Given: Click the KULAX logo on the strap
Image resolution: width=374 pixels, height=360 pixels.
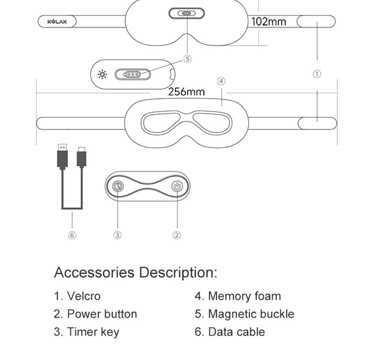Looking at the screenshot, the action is (57, 21).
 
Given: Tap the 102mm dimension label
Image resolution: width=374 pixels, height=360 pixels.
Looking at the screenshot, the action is (268, 21).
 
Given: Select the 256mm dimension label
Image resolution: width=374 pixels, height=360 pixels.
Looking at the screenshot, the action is (186, 92).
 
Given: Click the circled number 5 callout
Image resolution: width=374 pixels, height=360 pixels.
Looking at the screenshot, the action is (187, 59).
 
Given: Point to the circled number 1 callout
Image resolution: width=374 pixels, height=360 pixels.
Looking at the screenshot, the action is (317, 74).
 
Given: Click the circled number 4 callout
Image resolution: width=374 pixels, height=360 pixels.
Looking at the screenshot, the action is (221, 81).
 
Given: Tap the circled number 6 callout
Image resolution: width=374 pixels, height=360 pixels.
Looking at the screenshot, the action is (72, 235).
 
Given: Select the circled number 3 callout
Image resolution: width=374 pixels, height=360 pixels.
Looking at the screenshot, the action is (117, 235).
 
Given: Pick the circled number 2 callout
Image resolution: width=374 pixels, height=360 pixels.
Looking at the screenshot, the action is (177, 235).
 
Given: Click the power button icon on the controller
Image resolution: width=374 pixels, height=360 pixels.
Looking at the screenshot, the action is (177, 186).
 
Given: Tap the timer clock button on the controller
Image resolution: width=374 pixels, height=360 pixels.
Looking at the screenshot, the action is (118, 186).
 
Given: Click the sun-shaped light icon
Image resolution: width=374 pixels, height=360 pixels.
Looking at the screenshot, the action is (102, 75).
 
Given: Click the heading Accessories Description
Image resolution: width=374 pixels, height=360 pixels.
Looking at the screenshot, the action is (136, 272).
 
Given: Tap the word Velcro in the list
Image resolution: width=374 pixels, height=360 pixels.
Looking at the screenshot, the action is (84, 296).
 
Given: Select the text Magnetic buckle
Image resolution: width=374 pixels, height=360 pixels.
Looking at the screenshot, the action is (251, 314).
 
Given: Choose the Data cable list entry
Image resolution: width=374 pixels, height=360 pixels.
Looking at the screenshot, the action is (230, 332).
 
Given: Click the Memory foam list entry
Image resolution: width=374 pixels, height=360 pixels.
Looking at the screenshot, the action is (238, 296).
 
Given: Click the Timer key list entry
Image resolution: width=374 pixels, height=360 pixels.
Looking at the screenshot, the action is (86, 332).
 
